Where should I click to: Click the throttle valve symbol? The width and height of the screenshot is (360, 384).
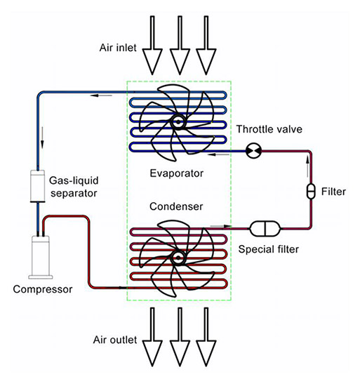[x=253, y=150]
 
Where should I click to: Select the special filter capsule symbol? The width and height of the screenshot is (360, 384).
[x=265, y=228]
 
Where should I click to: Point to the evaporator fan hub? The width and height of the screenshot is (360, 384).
[x=176, y=121]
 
